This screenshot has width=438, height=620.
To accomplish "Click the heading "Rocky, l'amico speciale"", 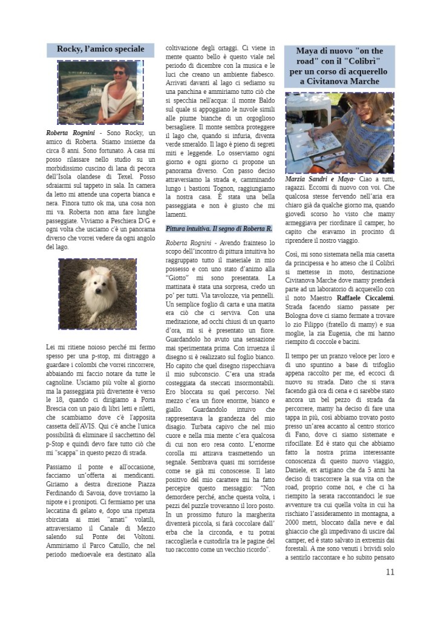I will (x=100, y=49).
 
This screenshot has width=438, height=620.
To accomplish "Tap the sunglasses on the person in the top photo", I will (x=119, y=73).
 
